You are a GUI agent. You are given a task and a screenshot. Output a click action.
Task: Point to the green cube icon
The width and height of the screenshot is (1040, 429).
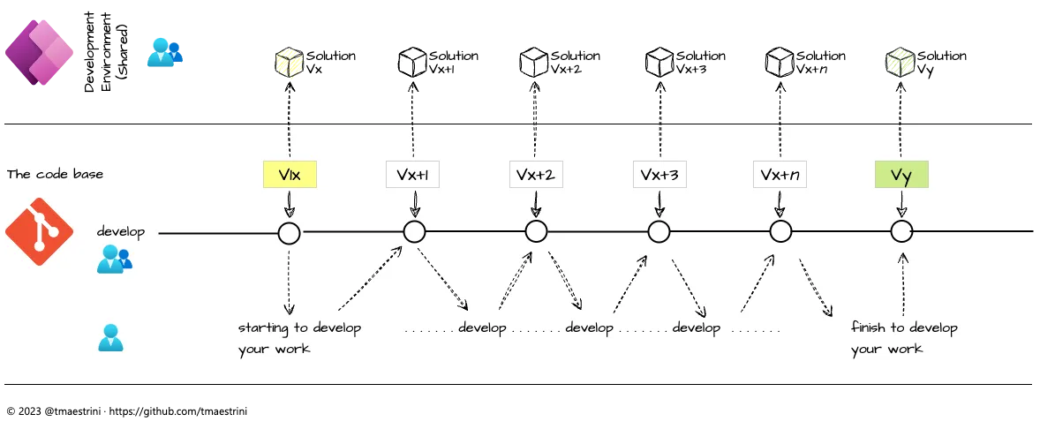900,63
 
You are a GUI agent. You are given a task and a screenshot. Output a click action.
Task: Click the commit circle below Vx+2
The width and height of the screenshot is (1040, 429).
536,232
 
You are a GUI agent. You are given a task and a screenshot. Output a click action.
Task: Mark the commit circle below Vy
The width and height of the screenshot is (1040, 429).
901,232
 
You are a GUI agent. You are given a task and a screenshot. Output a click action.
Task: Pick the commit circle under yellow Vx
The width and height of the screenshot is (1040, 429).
289,233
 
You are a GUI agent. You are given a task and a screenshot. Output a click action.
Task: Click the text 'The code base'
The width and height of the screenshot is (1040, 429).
55,175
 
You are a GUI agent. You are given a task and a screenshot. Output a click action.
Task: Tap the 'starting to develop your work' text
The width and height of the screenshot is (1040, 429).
299,338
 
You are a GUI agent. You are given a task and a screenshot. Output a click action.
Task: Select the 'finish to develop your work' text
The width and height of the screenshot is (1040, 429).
904,338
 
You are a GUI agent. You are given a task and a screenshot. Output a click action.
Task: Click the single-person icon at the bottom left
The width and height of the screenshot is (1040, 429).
109,338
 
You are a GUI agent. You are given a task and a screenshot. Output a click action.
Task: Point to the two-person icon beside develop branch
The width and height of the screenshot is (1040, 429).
115,260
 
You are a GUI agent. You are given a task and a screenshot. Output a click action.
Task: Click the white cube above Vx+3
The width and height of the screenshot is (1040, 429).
659,62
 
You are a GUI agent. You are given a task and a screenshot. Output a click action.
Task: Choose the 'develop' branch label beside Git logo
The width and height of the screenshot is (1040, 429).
121,233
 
